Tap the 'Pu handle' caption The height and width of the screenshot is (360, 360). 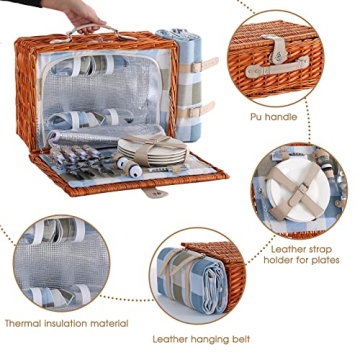273,117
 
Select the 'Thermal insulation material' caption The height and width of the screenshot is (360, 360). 66,323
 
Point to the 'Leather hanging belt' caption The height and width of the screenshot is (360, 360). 201,339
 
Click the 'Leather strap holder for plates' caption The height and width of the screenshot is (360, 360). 301,254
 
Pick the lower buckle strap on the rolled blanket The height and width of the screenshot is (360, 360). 197,110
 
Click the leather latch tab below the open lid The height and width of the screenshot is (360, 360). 154,192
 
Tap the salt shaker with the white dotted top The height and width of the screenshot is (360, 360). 133,169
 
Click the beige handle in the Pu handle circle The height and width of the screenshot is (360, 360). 277,68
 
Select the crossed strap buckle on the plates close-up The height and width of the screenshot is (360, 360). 299,192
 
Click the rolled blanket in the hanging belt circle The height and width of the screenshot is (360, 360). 192,279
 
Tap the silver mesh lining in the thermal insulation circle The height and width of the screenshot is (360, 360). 62,261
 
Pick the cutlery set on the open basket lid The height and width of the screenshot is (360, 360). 82,162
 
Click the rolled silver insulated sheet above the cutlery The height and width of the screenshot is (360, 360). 106,134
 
